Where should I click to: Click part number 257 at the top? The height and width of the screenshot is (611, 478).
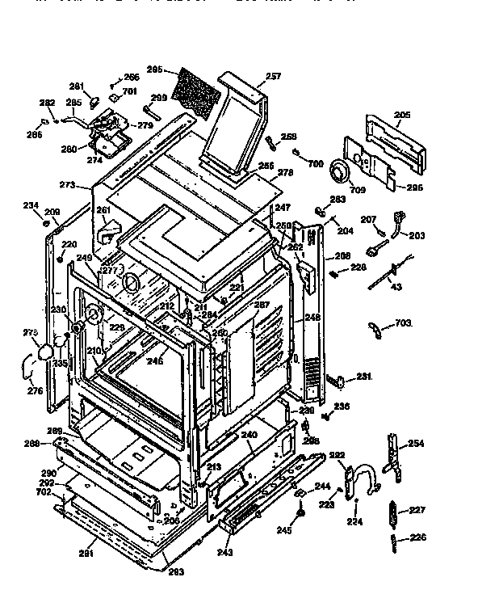273,77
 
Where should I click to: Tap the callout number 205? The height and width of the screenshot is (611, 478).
402,115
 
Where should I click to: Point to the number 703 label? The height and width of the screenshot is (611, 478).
403,323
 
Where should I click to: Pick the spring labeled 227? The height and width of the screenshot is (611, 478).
395,512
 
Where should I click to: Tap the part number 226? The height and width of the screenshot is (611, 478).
417,537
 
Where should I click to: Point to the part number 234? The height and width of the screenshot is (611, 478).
31,205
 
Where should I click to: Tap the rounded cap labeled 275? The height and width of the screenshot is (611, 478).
45,352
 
